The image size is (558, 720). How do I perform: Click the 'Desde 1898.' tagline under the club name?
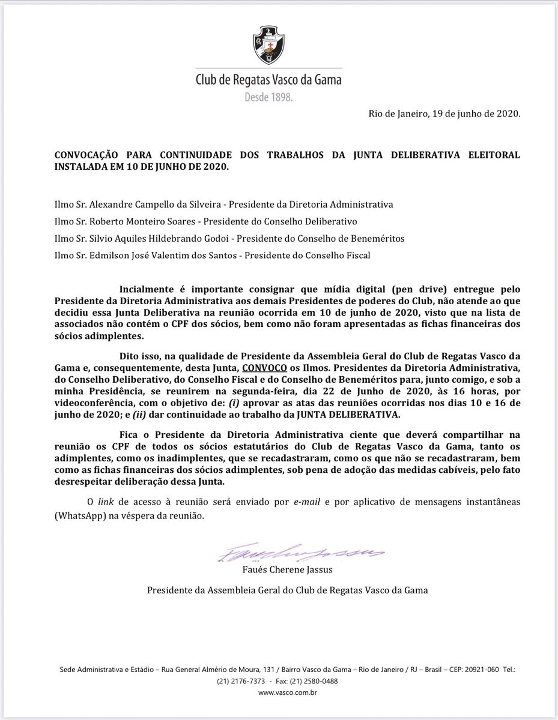(x=268, y=97)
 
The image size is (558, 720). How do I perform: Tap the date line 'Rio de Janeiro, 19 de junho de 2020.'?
(x=444, y=115)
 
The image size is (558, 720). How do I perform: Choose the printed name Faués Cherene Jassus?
(x=288, y=569)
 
